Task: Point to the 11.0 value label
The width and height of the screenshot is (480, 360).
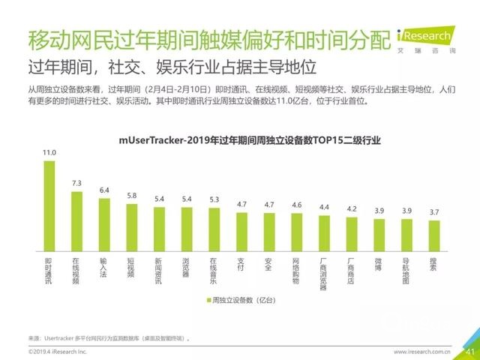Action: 49,153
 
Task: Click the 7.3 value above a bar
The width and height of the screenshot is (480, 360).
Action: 76,184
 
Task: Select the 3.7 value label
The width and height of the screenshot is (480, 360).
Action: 433,213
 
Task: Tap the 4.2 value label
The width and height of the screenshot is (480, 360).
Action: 351,209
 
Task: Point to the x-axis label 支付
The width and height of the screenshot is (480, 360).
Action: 241,266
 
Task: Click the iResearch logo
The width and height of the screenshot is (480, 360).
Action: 424,37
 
